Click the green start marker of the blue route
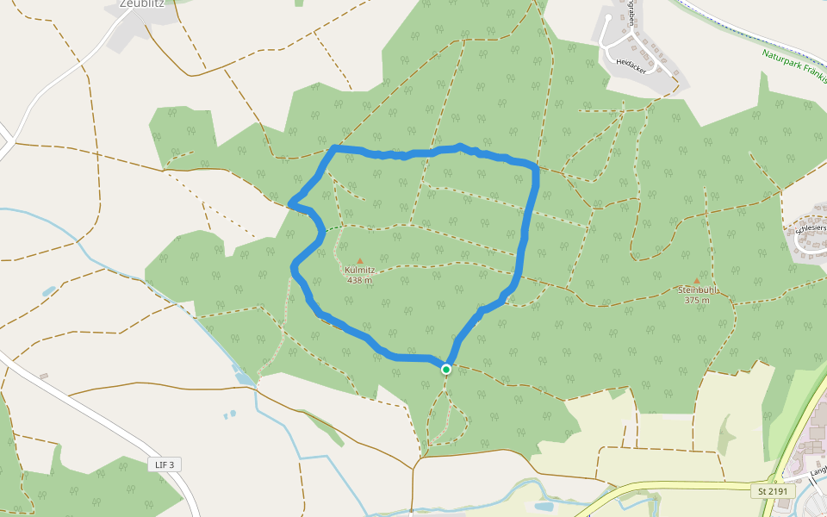tap(446, 370)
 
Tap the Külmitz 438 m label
tap(359, 275)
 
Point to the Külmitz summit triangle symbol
tap(359, 260)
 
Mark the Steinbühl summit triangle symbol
tap(697, 281)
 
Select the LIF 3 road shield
tap(165, 464)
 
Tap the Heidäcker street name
tap(631, 64)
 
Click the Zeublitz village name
tap(142, 3)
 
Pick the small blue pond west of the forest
tap(49, 291)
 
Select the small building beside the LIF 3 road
tap(43, 376)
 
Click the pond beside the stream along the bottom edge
tap(544, 506)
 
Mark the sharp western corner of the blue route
tap(290, 204)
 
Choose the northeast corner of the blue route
tap(535, 166)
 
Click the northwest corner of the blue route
tap(334, 149)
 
